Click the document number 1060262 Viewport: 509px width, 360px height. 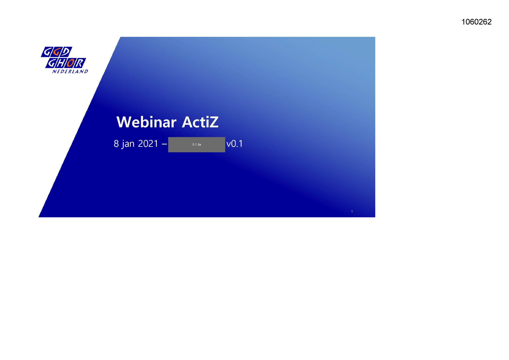pos(476,22)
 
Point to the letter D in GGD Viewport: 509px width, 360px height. pos(66,52)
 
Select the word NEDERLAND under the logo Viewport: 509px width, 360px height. pos(70,71)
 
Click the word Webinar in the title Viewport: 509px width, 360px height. pos(146,122)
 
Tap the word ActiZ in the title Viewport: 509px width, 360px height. pos(200,122)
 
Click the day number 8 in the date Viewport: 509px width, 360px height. pos(116,144)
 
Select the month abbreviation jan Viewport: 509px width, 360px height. pos(128,144)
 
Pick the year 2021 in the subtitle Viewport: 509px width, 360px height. pos(148,144)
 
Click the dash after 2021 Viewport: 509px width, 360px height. pos(164,144)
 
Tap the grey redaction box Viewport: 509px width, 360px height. pos(196,144)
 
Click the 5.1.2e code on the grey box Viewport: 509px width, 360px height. pos(196,144)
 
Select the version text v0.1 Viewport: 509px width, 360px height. pos(234,144)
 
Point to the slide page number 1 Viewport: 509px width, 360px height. pos(352,211)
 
